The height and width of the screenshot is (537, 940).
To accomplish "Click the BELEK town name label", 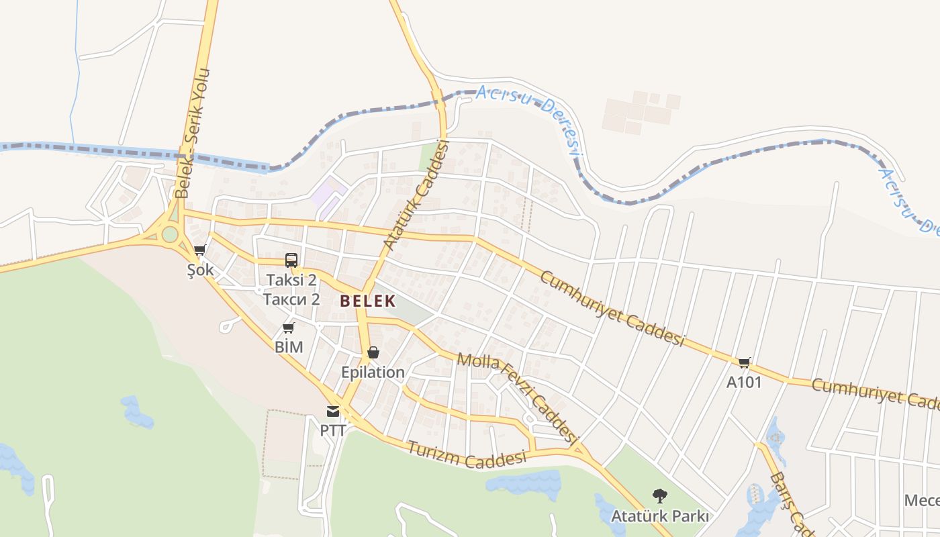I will click(367, 301).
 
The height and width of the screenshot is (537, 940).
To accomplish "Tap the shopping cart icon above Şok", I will click(199, 250).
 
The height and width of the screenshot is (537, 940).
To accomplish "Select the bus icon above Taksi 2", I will click(291, 260).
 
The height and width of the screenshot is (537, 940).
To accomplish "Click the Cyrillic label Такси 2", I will click(291, 299).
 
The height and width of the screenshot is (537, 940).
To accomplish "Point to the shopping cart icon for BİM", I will click(289, 328).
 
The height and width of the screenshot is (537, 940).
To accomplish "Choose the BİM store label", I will click(289, 347).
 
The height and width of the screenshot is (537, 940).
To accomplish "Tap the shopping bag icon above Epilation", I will click(373, 352).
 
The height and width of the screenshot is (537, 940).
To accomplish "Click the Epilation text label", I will click(373, 372).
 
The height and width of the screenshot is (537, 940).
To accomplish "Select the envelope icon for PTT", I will click(333, 411).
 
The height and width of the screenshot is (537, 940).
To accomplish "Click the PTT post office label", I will click(333, 430).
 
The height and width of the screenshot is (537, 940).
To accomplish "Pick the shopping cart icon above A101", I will click(744, 362).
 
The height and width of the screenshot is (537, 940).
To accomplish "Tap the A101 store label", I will click(744, 382).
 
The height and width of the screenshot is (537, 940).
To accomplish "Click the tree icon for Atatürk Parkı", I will click(660, 496).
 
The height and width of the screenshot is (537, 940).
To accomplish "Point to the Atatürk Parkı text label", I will click(660, 517).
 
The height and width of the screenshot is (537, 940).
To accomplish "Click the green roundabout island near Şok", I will click(170, 234).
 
